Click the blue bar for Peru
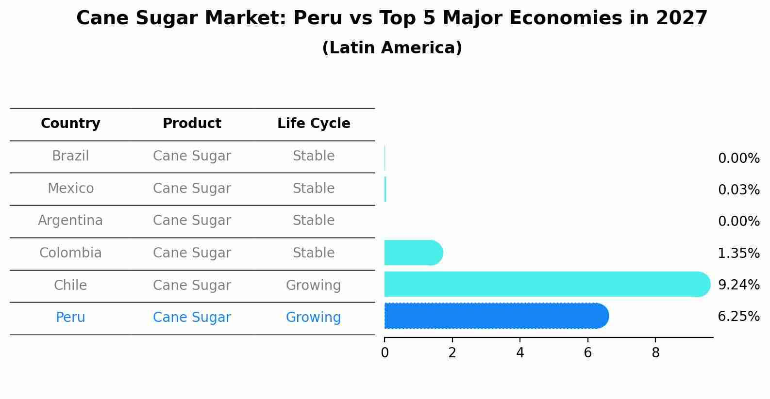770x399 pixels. (x=495, y=316)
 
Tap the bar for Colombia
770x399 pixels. (x=413, y=253)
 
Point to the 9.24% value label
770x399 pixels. (x=738, y=285)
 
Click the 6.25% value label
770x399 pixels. (x=738, y=317)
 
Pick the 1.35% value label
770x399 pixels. (x=738, y=253)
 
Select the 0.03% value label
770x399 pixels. (x=738, y=190)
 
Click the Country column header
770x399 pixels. (x=70, y=124)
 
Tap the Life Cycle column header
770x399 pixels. (x=314, y=124)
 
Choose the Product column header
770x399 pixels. (x=192, y=124)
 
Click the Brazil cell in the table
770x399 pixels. (x=70, y=156)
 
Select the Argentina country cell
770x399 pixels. (x=70, y=221)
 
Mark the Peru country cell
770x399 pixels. (x=70, y=318)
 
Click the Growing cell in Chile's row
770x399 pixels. (x=313, y=286)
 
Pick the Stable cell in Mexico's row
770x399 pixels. (x=314, y=189)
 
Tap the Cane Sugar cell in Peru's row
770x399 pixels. (x=192, y=318)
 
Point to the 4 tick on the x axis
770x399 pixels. (x=520, y=353)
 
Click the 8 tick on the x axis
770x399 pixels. (x=655, y=353)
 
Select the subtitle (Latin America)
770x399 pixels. (x=392, y=48)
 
